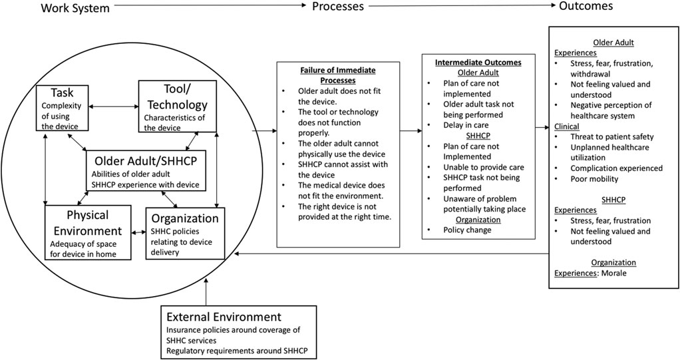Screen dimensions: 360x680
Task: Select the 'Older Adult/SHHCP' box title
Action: click(x=146, y=161)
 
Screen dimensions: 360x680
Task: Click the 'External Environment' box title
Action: click(x=224, y=316)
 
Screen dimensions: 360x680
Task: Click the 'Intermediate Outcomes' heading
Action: click(x=478, y=63)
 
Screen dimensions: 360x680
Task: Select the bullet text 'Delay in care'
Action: click(x=471, y=125)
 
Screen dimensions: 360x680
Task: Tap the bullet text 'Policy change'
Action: click(x=468, y=230)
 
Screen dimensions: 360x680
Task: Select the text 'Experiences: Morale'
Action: click(x=592, y=273)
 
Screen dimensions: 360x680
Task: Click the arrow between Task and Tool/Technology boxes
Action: click(x=114, y=104)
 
